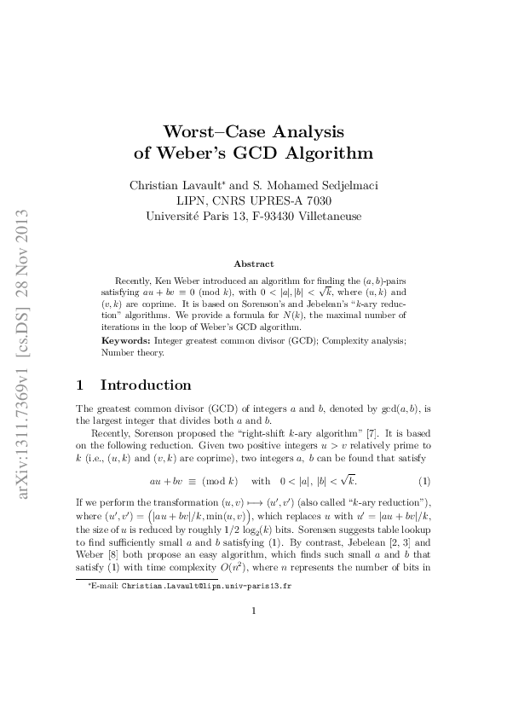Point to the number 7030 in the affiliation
(315, 200)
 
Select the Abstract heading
(253, 264)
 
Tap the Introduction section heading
(146, 385)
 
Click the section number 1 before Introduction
(80, 385)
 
